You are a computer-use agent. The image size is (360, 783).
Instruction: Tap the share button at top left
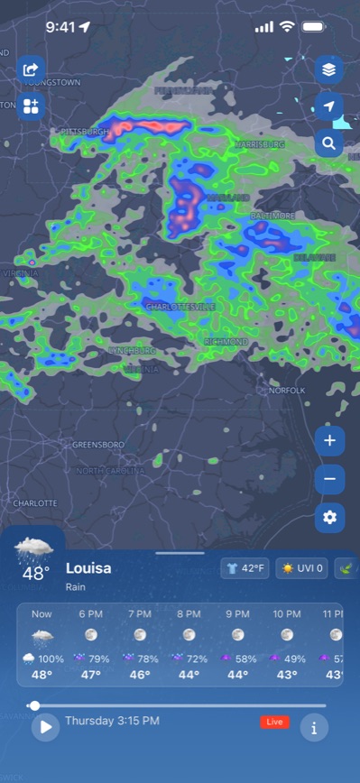pos(31,69)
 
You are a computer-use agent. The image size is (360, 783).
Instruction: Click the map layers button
pos(328,69)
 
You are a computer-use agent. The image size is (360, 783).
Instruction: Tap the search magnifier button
pos(328,143)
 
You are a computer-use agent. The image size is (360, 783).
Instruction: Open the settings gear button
pos(329,517)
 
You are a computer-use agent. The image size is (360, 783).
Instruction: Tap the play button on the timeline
pos(45,727)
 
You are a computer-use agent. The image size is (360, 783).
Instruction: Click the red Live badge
pos(274,722)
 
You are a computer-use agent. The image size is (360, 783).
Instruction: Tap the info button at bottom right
pos(314,727)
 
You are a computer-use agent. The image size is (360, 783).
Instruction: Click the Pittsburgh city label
pos(85,132)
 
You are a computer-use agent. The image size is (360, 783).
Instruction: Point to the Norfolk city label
pos(287,391)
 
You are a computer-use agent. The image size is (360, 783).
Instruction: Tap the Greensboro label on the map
pos(97,445)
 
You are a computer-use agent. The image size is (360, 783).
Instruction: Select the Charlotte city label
pos(35,502)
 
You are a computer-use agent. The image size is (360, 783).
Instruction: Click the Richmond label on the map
pos(226,343)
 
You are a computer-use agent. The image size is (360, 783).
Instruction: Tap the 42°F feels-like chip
pos(245,568)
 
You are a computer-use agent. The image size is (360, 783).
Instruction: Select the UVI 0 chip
pos(301,568)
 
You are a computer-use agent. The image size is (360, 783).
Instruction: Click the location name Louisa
pos(88,568)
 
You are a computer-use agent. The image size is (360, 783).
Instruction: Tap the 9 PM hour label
pos(237,613)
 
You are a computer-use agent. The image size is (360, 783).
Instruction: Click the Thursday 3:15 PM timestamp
pos(112,721)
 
